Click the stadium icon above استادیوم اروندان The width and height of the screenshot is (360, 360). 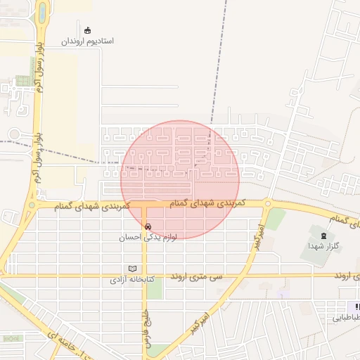[x=87, y=30]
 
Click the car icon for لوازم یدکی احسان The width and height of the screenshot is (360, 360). [x=148, y=226]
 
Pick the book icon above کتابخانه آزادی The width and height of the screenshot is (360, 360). [x=133, y=269]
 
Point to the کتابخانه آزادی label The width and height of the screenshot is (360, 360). [x=136, y=280]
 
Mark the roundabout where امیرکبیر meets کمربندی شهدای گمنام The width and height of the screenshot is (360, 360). [x=267, y=205]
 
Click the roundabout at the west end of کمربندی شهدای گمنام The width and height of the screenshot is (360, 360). [x=32, y=206]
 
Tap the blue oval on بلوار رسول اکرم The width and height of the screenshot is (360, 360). [x=42, y=13]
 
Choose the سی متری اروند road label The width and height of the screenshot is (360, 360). [x=197, y=277]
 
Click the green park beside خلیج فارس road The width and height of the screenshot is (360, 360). [x=155, y=288]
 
